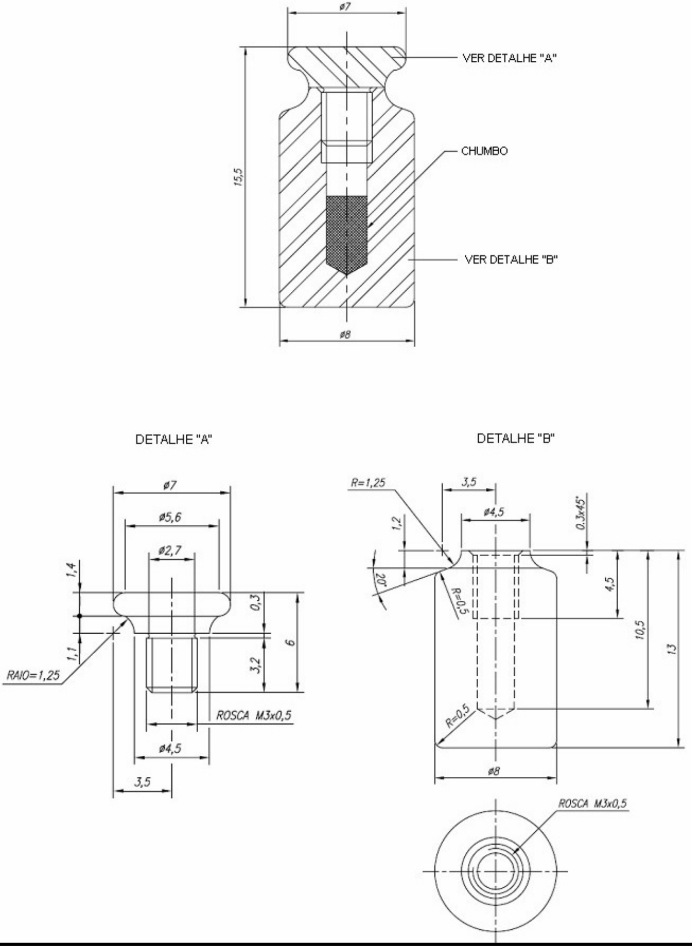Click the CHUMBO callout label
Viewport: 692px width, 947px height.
(x=484, y=151)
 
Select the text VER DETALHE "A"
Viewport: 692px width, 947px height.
(x=509, y=59)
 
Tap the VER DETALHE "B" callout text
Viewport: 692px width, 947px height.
(x=511, y=259)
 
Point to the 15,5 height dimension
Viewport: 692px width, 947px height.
(x=239, y=177)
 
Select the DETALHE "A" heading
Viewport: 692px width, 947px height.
(x=173, y=440)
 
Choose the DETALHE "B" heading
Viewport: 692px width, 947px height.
(x=516, y=438)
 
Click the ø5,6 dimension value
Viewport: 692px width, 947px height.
(x=170, y=517)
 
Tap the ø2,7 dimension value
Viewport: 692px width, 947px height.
(x=170, y=551)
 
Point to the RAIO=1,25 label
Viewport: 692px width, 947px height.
(x=33, y=675)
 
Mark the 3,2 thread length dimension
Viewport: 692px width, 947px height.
(x=257, y=665)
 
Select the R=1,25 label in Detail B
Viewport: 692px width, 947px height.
(x=368, y=482)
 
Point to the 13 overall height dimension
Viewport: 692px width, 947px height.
(x=671, y=649)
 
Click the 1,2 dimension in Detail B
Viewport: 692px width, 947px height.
(x=397, y=523)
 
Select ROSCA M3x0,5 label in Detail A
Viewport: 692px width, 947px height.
(x=254, y=715)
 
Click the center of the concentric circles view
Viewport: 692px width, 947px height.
(x=495, y=871)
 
